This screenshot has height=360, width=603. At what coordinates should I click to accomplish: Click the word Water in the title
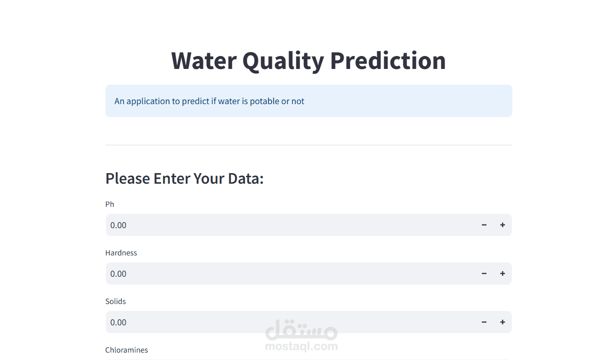coord(203,61)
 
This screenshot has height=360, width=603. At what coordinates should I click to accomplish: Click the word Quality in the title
coord(283,61)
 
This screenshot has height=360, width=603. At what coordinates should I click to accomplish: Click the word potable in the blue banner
coord(265,101)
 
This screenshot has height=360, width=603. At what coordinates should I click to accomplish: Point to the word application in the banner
coord(148,101)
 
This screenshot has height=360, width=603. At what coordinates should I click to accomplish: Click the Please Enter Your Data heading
coord(185,178)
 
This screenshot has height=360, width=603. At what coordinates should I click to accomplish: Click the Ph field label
coord(110,204)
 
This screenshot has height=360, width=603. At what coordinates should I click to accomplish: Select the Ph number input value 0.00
coord(118,225)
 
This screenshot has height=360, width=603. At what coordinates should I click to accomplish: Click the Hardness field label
coord(121,253)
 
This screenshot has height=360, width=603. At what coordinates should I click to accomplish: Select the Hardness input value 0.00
coord(118,274)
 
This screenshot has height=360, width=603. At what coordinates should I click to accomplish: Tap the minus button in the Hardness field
coord(484,273)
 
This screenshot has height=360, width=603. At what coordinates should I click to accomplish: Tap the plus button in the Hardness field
coord(503,273)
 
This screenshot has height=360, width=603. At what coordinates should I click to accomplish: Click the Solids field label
coord(116,301)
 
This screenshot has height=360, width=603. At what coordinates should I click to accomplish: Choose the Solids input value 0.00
coord(118,323)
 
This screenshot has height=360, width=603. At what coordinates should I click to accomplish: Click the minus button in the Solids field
coord(484,322)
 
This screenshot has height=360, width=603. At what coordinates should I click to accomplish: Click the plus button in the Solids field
coord(503,322)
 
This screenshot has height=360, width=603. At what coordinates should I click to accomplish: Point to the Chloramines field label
coord(127,350)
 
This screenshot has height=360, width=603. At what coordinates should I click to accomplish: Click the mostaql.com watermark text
coord(301,346)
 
